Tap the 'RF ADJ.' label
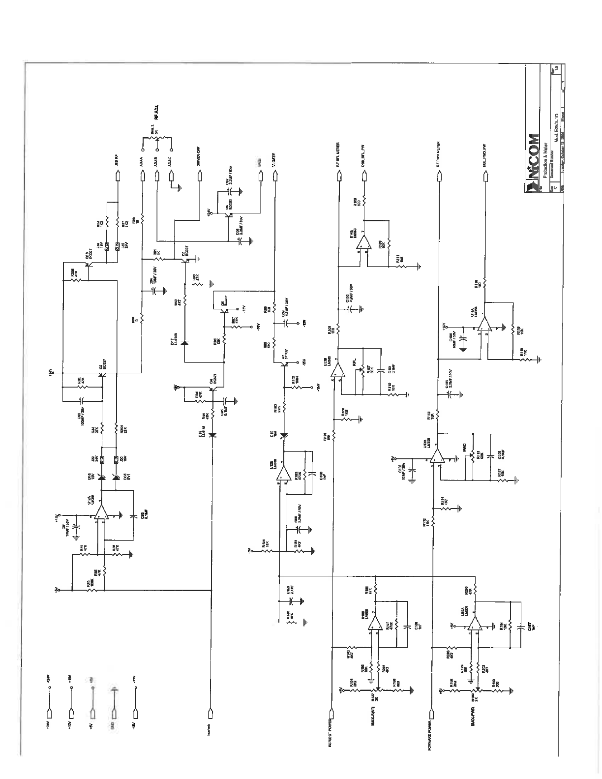[157, 112]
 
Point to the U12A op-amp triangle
[101, 512]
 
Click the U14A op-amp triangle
[485, 323]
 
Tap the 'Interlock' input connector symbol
[211, 713]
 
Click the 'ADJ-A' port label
[142, 161]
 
